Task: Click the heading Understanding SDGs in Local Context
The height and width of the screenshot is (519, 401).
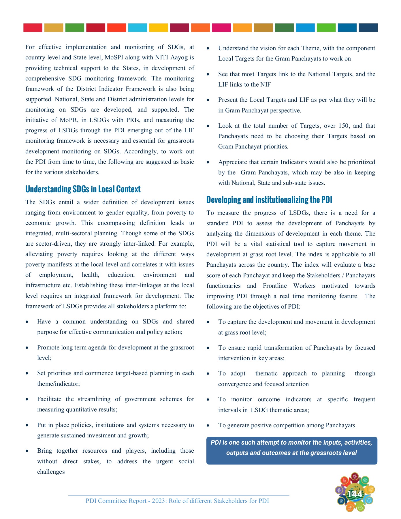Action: (83, 189)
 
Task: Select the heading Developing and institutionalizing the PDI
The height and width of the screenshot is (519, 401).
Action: (269, 200)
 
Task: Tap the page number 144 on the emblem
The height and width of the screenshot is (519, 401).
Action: (355, 494)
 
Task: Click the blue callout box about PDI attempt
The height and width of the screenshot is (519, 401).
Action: (291, 450)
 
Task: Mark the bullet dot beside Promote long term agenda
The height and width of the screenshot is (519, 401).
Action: (27, 348)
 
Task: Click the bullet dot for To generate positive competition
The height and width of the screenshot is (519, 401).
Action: (208, 426)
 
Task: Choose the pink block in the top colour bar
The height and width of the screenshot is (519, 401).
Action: (221, 28)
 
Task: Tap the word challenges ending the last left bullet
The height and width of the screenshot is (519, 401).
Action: (51, 472)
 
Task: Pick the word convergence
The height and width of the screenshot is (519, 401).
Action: (235, 384)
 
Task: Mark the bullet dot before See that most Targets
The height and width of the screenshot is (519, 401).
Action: (208, 74)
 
